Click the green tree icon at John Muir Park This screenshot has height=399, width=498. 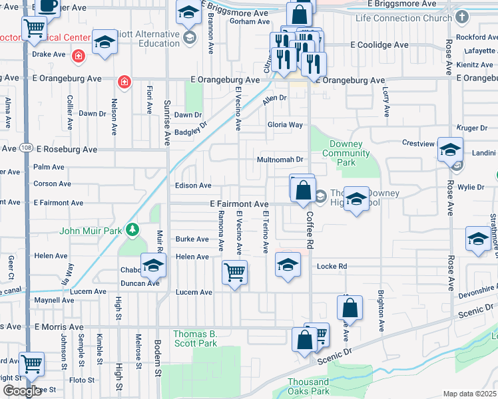(133, 230)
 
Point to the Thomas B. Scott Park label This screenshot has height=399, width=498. (195, 338)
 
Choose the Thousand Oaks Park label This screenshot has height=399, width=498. (308, 386)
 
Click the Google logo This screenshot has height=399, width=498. (22, 391)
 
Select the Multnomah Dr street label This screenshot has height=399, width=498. (280, 160)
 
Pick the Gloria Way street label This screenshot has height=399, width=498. (285, 124)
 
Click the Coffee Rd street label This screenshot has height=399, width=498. (310, 230)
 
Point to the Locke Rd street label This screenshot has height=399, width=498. (333, 266)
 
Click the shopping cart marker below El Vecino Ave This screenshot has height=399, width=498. (234, 271)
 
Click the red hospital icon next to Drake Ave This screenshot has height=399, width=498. (79, 55)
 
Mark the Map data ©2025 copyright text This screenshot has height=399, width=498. (470, 394)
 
